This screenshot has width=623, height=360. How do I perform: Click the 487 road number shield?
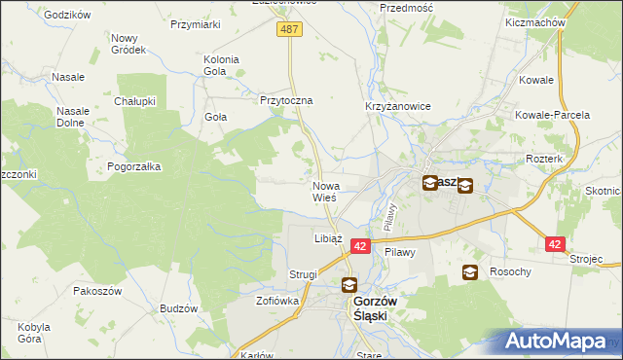291,30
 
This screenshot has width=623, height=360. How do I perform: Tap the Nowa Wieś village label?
324,191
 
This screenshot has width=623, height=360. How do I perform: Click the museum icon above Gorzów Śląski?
349,286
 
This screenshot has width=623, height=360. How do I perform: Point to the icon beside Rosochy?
470,272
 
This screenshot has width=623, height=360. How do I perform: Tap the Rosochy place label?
510,272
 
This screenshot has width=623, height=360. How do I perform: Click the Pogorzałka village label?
134,166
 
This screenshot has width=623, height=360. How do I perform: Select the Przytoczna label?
285,100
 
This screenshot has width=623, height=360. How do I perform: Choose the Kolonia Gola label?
221,65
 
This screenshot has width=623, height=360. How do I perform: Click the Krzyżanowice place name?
397,106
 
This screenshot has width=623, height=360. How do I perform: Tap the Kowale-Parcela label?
554,115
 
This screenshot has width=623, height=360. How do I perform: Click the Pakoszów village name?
95,291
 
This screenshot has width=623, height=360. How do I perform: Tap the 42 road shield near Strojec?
555,245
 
